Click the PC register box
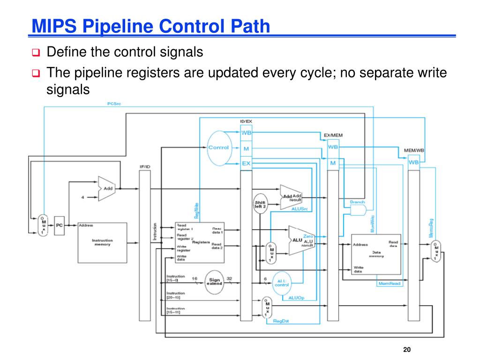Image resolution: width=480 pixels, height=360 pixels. (59, 225)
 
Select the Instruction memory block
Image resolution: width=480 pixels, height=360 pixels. (101, 242)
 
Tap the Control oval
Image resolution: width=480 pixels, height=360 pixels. (218, 148)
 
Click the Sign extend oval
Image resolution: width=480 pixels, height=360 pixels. (215, 281)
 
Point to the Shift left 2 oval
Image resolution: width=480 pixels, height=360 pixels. (260, 203)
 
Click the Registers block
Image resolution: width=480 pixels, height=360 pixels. (199, 242)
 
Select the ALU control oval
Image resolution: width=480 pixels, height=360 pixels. (281, 281)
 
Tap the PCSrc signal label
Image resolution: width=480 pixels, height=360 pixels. (114, 104)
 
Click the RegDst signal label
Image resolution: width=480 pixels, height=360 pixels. (280, 321)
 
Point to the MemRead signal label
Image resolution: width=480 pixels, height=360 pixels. (389, 284)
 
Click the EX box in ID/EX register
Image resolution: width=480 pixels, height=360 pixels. (247, 164)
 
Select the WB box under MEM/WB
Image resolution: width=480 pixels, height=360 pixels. (414, 162)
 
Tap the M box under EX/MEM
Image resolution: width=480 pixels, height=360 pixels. (333, 163)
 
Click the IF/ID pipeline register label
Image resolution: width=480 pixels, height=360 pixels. (145, 166)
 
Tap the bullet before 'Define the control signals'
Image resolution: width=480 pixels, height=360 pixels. (36, 52)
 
